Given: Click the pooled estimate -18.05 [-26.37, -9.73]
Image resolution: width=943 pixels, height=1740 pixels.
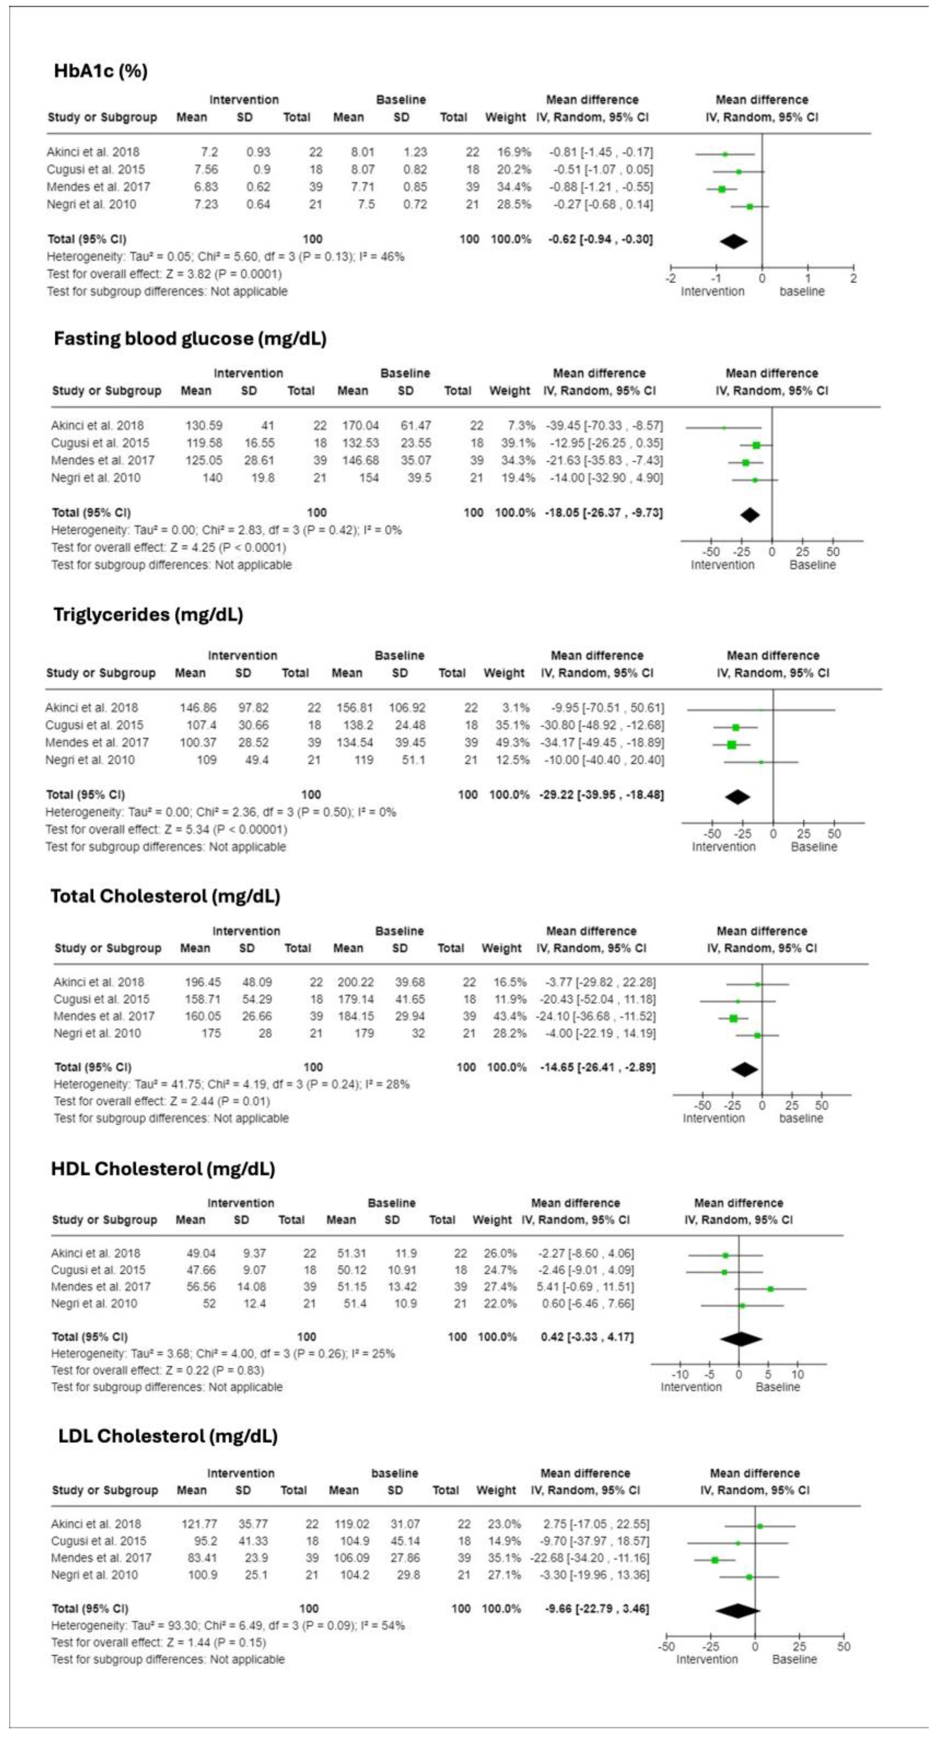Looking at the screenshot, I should click(603, 513).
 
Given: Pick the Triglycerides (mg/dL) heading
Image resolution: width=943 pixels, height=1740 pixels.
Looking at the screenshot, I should click(148, 615).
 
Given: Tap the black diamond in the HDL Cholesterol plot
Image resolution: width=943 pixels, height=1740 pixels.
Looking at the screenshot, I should click(741, 1339).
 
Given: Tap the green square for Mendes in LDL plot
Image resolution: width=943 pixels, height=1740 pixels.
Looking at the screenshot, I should click(715, 1560).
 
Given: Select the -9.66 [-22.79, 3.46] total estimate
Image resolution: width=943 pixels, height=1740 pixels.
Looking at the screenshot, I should click(596, 1608).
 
